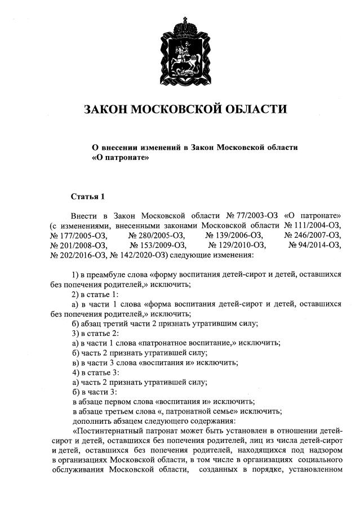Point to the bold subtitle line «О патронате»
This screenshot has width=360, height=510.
coord(120,158)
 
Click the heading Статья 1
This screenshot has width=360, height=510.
coord(88,197)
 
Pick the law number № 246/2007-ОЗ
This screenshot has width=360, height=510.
coord(313,235)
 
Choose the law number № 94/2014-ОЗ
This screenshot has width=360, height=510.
coord(314,245)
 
